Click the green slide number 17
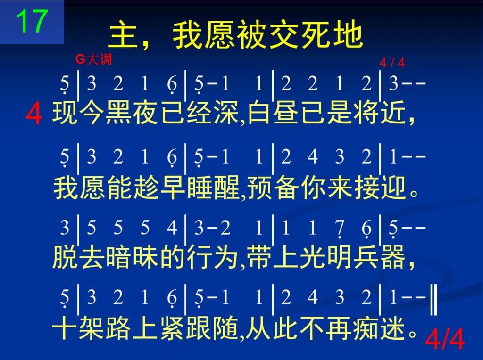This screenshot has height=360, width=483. [x=32, y=21]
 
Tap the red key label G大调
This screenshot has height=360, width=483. [x=94, y=59]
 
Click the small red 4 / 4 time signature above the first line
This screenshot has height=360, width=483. [x=392, y=63]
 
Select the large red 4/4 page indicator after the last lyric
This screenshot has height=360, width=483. [x=445, y=339]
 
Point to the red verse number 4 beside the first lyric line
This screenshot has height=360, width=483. [x=34, y=114]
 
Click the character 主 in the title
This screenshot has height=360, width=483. [x=123, y=34]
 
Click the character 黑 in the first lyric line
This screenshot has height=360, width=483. [x=118, y=113]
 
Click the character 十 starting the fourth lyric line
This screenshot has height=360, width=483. [x=65, y=328]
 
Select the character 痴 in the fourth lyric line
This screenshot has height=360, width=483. [x=366, y=328]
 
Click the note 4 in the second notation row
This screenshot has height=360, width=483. [x=312, y=156]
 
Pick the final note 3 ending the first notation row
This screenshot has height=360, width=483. [x=394, y=83]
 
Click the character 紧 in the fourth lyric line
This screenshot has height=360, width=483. [x=173, y=328]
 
